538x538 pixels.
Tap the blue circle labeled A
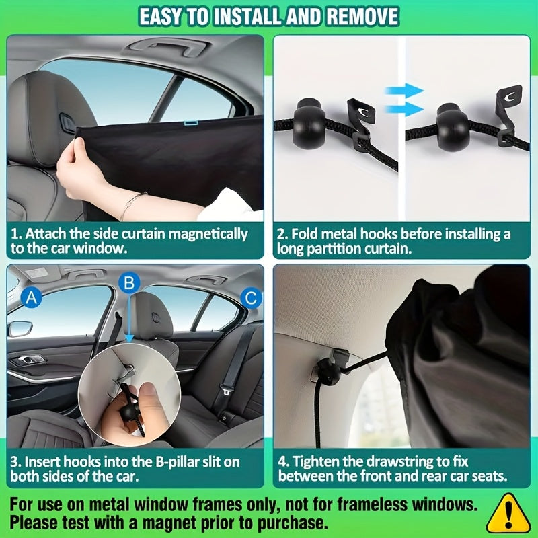[31, 297]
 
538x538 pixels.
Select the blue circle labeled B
[130, 282]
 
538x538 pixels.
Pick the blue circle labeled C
[251, 297]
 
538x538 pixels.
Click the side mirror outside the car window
[20, 330]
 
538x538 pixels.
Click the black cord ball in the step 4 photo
[328, 371]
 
